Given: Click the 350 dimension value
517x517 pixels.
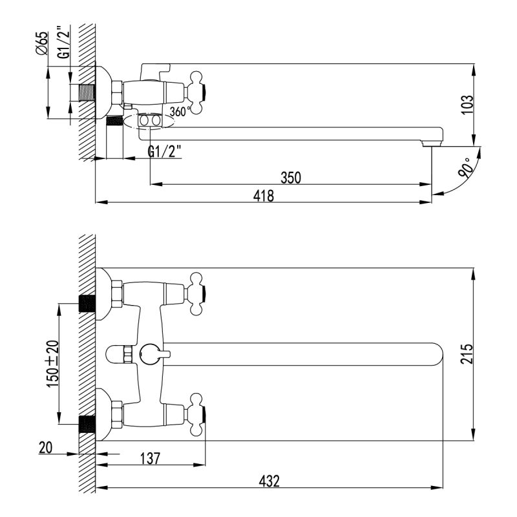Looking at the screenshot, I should [291, 176].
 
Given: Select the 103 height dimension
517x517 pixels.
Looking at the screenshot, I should [468, 104].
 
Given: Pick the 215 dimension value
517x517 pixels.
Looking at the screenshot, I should [468, 354].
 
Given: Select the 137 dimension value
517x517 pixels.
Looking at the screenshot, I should [150, 458].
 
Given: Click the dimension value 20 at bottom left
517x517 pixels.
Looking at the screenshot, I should [47, 447].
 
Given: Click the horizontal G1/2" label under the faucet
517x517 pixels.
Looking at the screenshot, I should [165, 151].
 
